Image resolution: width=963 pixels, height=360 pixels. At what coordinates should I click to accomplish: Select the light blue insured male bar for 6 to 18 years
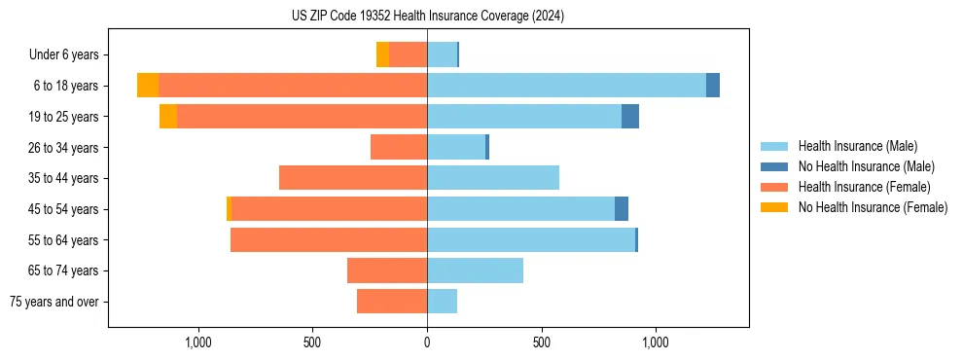pyautogui.click(x=566, y=86)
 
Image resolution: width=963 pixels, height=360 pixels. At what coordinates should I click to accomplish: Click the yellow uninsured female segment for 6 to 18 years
pyautogui.click(x=148, y=86)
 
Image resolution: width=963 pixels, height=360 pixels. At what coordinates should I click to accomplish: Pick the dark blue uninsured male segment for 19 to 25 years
pyautogui.click(x=630, y=117)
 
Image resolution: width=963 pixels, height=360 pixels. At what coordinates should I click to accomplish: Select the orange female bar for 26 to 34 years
pyautogui.click(x=399, y=147)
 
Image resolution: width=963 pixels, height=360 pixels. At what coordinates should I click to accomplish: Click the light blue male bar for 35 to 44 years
pyautogui.click(x=493, y=178)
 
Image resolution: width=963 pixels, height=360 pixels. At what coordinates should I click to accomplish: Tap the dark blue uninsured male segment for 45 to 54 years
pyautogui.click(x=622, y=209)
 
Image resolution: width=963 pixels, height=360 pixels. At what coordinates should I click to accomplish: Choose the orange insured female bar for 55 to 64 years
pyautogui.click(x=329, y=239)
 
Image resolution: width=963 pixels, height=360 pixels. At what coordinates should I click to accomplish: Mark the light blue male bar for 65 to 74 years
pyautogui.click(x=475, y=270)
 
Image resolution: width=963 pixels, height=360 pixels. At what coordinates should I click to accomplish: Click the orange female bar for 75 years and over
pyautogui.click(x=392, y=302)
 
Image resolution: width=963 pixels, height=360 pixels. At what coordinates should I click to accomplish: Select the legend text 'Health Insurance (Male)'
pyautogui.click(x=857, y=147)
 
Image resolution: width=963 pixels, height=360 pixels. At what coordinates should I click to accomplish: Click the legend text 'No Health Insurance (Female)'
pyautogui.click(x=873, y=207)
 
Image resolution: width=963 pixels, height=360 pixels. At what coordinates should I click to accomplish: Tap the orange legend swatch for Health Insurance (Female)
pyautogui.click(x=774, y=187)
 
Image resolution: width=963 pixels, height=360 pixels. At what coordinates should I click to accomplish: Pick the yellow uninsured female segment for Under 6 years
pyautogui.click(x=382, y=55)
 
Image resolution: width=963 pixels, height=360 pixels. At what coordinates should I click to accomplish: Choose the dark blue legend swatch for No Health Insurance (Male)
pyautogui.click(x=774, y=166)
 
